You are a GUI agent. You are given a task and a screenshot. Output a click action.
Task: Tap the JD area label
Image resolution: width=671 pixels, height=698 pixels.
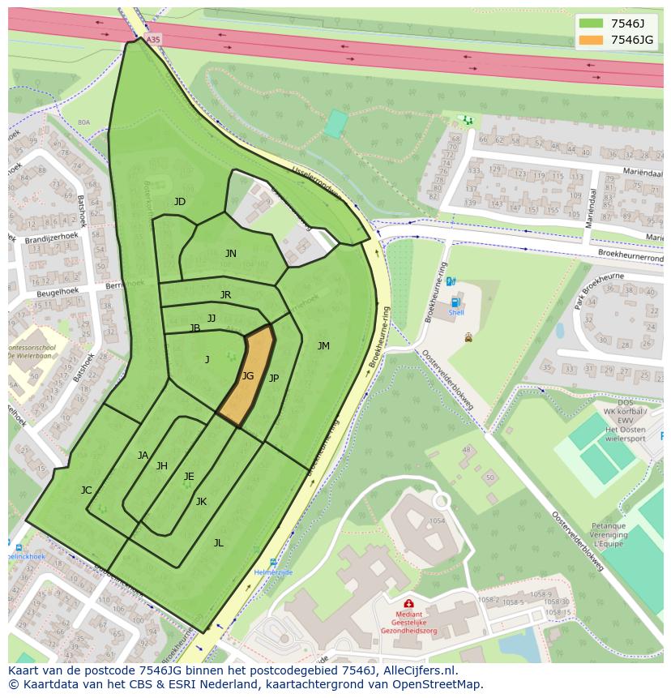point(180,202)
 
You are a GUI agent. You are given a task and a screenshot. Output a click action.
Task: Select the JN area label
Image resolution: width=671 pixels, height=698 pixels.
point(231,254)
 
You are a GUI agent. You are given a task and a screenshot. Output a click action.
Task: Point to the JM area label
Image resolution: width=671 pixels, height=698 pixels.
point(323,346)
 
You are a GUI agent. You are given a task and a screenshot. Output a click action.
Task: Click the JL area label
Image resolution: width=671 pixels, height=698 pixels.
point(218,543)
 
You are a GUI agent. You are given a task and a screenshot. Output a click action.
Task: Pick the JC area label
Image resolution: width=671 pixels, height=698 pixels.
point(87,490)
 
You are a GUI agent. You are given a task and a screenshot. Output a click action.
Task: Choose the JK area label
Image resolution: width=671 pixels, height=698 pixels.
point(201,502)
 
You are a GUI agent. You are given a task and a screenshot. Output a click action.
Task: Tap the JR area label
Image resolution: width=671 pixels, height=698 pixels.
point(225,295)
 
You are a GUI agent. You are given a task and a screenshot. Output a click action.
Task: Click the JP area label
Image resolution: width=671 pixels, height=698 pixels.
point(274,379)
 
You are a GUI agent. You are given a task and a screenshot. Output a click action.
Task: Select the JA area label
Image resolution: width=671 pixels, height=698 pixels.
point(143,456)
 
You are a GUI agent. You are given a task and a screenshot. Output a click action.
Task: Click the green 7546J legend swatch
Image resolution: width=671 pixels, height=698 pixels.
point(592,23)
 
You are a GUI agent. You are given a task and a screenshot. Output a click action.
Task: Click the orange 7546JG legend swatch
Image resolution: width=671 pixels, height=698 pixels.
point(592,40)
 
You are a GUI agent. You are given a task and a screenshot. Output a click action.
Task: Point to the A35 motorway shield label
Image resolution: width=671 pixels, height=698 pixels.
point(154,38)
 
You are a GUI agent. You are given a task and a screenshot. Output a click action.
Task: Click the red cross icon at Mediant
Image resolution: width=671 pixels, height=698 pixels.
point(408,604)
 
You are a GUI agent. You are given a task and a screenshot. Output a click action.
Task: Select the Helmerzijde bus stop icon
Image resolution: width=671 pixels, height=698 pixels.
point(273,562)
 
